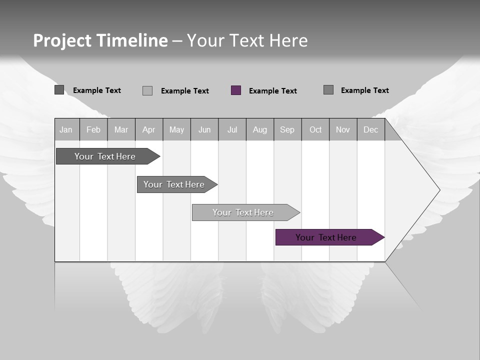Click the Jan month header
pyautogui.click(x=66, y=129)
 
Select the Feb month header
pyautogui.click(x=93, y=129)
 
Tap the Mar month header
pyautogui.click(x=121, y=129)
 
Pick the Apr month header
pyautogui.click(x=149, y=129)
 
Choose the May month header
pyautogui.click(x=176, y=129)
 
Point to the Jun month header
pyautogui.click(x=204, y=129)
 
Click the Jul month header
pyautogui.click(x=232, y=129)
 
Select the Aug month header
pyautogui.click(x=260, y=129)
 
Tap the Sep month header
pyautogui.click(x=287, y=129)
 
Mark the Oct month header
pyautogui.click(x=315, y=129)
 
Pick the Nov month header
pyautogui.click(x=343, y=129)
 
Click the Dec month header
pyautogui.click(x=371, y=129)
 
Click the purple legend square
pyautogui.click(x=236, y=90)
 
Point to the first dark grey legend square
pyautogui.click(x=59, y=90)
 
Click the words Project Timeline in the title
pyautogui.click(x=100, y=40)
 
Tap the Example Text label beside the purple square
pyautogui.click(x=273, y=91)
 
